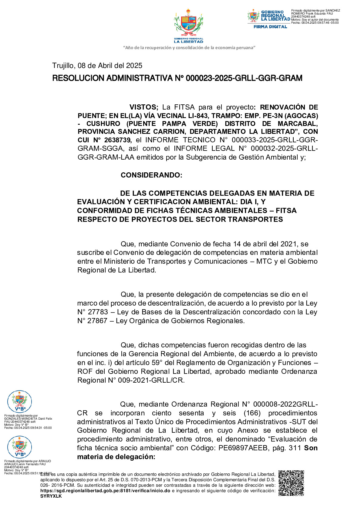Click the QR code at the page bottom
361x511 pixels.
[x=291, y=483]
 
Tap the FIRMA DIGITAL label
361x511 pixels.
[x=270, y=27]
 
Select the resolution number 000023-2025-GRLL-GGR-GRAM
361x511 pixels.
[x=244, y=78]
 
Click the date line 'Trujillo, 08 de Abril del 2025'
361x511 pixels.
[x=97, y=66]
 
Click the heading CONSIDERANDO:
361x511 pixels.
[x=151, y=175]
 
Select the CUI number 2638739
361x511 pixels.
[x=117, y=140]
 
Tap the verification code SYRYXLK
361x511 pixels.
[x=51, y=496]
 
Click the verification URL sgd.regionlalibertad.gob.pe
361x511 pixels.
[x=105, y=491]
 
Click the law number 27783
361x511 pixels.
[x=98, y=312]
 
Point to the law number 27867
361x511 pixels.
[x=97, y=321]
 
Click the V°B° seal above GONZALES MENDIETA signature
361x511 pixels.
[x=19, y=401]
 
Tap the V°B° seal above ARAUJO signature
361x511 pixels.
[x=19, y=447]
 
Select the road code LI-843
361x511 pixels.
[x=199, y=116]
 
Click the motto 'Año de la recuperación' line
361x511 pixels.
[x=189, y=48]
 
